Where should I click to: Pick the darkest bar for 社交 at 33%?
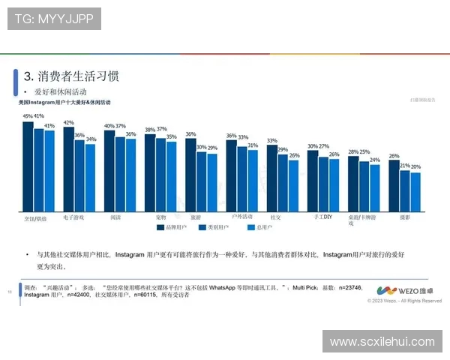(x=271, y=179)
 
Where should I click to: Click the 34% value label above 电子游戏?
(x=91, y=139)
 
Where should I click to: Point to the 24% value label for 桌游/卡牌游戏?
(x=375, y=158)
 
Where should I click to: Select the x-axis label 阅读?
(x=115, y=217)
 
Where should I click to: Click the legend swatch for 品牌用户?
(x=160, y=226)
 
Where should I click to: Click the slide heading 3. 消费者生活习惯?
(x=71, y=76)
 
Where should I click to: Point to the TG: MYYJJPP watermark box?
(x=55, y=19)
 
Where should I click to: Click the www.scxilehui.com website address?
(x=382, y=341)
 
